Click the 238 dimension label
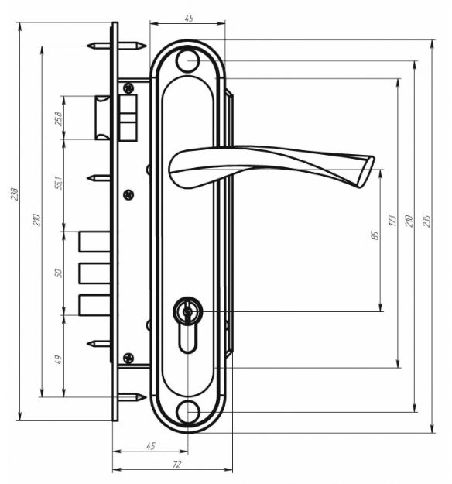click(x=15, y=194)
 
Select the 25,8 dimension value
click(x=58, y=118)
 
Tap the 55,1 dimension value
click(x=58, y=183)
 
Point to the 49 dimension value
click(x=58, y=359)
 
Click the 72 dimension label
click(x=176, y=464)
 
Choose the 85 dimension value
click(x=375, y=235)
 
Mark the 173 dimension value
click(x=392, y=221)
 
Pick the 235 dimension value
click(x=426, y=221)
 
